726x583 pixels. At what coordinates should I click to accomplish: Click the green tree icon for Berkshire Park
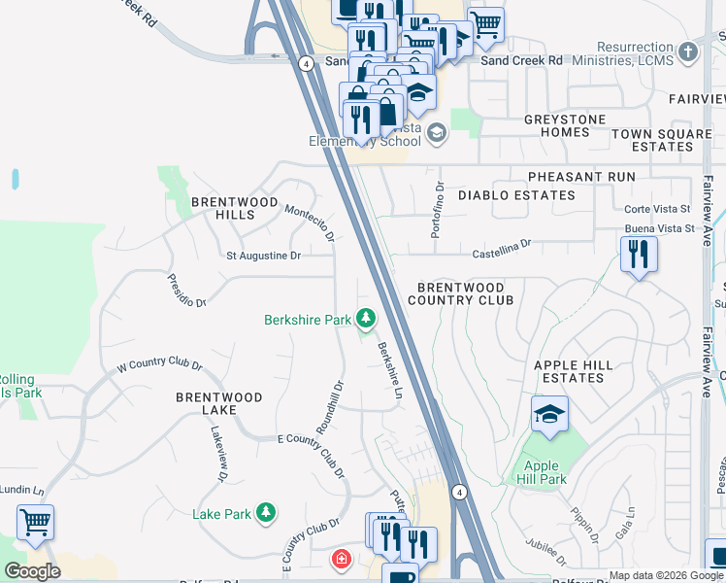pyautogui.click(x=365, y=319)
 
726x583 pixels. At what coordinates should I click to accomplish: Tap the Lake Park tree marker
pyautogui.click(x=265, y=513)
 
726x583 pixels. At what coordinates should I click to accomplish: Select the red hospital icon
pyautogui.click(x=341, y=559)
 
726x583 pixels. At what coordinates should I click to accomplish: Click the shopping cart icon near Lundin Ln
pyautogui.click(x=36, y=523)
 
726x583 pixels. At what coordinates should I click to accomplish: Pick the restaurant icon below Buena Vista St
pyautogui.click(x=639, y=255)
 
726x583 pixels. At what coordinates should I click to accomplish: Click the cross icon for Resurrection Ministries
pyautogui.click(x=688, y=52)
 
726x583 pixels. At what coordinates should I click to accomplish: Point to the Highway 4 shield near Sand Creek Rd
pyautogui.click(x=305, y=63)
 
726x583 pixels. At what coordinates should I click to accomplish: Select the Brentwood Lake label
pyautogui.click(x=219, y=405)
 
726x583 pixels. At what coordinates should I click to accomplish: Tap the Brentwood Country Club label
pyautogui.click(x=461, y=294)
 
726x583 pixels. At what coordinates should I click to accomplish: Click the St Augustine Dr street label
pyautogui.click(x=263, y=257)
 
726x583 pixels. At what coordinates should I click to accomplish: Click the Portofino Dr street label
pyautogui.click(x=437, y=206)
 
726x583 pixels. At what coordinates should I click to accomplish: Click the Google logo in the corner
pyautogui.click(x=32, y=571)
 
